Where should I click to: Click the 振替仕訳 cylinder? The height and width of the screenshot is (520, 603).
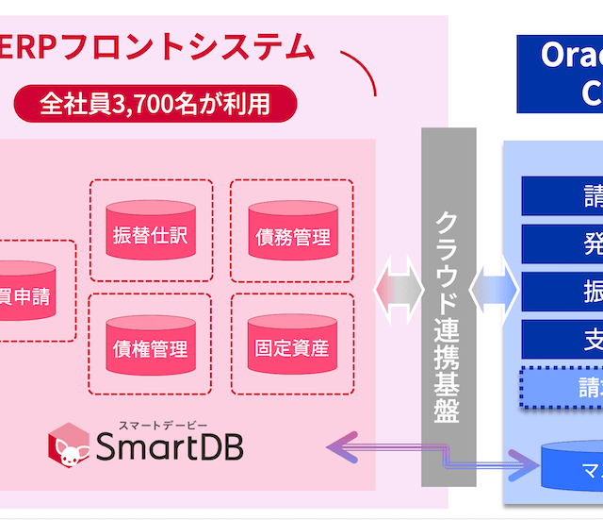150,233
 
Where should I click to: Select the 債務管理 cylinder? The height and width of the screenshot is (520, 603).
291,235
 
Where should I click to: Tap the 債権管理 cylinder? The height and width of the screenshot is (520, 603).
150,346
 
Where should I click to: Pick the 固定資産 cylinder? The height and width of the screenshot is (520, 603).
291,346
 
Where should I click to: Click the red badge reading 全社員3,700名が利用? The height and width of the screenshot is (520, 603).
155,103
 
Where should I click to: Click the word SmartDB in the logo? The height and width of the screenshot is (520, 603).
169,447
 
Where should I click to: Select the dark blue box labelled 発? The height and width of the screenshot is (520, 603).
562,243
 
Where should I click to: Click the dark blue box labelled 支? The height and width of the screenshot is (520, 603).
562,339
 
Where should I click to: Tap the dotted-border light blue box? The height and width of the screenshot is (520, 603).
562,387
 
